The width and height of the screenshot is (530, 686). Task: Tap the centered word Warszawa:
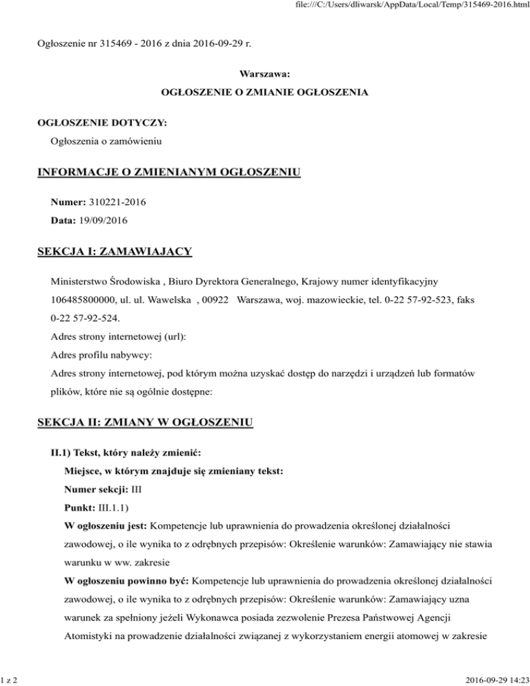pyautogui.click(x=264, y=73)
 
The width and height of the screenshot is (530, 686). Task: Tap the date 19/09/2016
pyautogui.click(x=98, y=220)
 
